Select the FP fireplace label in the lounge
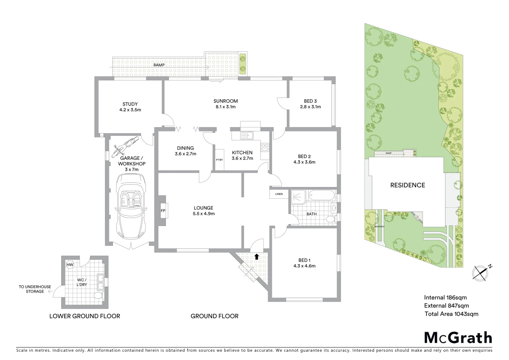tap(163, 211)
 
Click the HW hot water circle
tap(70, 265)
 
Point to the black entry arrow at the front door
tap(256, 256)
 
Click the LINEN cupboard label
tap(279, 194)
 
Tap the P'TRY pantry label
tap(219, 160)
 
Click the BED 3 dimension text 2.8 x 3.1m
tap(310, 107)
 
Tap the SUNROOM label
tap(226, 101)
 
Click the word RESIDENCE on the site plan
tap(407, 185)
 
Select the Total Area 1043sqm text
tap(451, 314)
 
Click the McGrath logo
tap(458, 337)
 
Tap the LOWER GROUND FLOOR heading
tap(85, 316)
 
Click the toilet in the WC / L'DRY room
tap(98, 296)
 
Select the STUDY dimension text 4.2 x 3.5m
tap(130, 110)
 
